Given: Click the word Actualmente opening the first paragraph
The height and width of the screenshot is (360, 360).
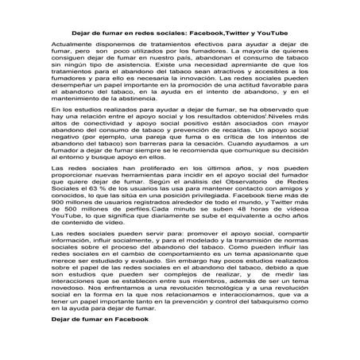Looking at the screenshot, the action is click(73, 36).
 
